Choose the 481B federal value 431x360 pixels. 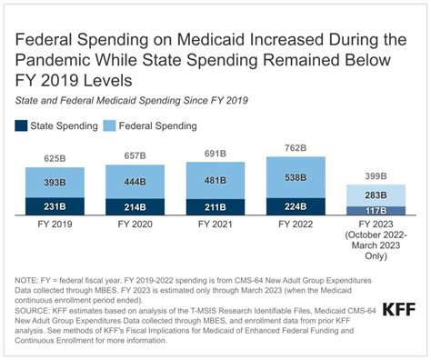click(x=215, y=179)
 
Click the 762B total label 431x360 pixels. click(x=296, y=148)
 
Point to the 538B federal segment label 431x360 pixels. click(x=296, y=177)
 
